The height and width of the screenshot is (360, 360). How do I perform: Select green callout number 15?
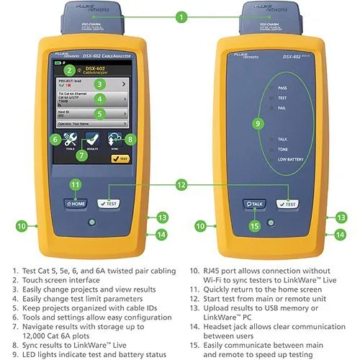(x=253, y=226)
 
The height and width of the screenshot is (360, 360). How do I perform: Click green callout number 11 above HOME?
(x=76, y=185)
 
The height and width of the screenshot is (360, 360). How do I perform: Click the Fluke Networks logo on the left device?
(x=65, y=51)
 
